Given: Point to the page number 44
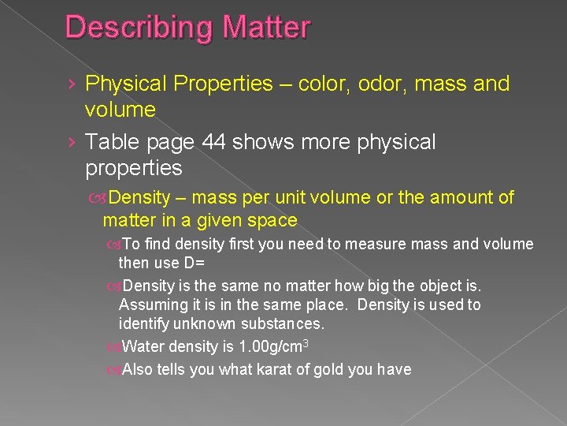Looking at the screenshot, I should (x=213, y=143).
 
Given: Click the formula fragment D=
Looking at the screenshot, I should (x=195, y=262).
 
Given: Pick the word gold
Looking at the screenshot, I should (x=328, y=368).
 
